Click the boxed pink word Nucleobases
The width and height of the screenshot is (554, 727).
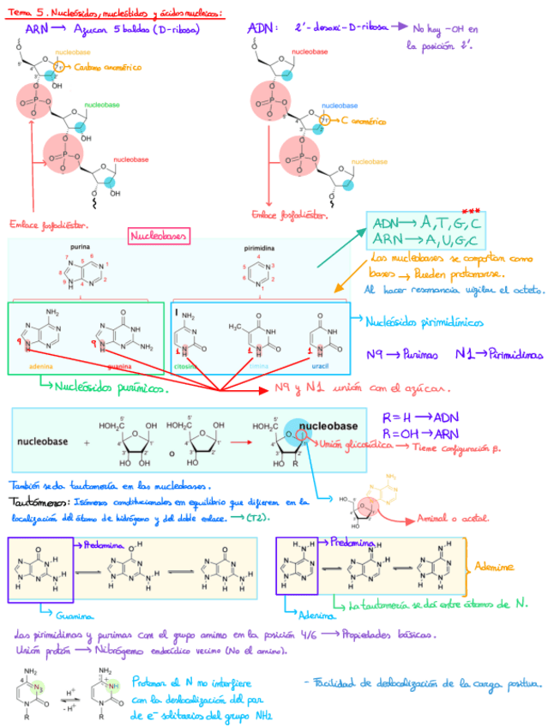[x=160, y=235]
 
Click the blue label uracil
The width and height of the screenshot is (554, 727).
[x=321, y=366]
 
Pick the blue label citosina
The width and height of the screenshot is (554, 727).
[x=186, y=366]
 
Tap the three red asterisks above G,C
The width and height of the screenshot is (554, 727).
[x=470, y=211]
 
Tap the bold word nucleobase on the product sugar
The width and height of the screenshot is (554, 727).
[x=328, y=425]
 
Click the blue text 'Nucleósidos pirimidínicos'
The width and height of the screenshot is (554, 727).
[x=424, y=323]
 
